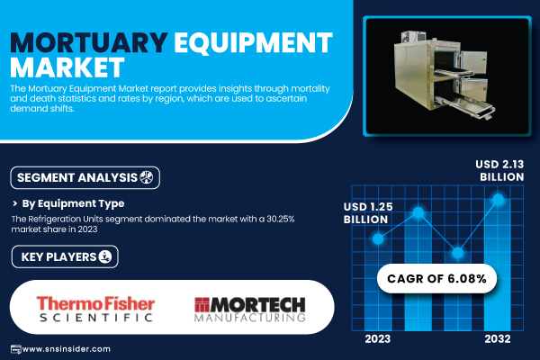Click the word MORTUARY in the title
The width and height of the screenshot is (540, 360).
pos(89,42)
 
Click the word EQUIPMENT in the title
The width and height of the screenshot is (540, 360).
pos(253,42)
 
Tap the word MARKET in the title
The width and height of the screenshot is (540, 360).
pos(67,67)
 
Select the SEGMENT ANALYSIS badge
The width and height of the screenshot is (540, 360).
pos(85,178)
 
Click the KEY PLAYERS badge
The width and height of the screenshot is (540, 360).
pos(65,256)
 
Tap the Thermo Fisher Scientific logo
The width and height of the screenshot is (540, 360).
pos(95,309)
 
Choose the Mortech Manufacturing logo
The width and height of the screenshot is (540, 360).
pos(249,310)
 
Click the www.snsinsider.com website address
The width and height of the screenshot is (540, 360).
pos(66,349)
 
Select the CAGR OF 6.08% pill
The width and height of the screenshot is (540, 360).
pos(436,279)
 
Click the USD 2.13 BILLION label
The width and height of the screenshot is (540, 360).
pos(499,170)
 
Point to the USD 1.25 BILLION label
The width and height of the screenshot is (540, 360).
pos(368,213)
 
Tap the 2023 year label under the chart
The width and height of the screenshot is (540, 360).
pos(378,339)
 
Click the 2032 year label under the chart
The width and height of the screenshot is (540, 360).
pos(498,339)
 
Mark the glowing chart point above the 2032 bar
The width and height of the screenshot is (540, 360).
pos(498,199)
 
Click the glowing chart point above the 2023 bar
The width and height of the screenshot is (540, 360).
pos(378,238)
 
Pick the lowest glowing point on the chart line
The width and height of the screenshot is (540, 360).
pos(458,253)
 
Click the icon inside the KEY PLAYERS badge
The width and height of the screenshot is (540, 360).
pos(105,256)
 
